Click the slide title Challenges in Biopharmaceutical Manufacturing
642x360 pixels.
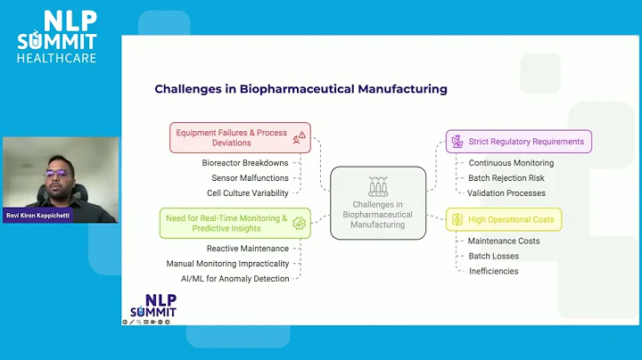tap(300, 89)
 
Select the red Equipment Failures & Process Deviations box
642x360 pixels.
tap(240, 137)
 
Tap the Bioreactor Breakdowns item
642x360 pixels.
tap(244, 164)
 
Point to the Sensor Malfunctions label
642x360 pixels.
tap(250, 178)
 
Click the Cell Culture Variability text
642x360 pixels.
tap(248, 192)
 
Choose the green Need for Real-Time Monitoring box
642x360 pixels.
tap(235, 223)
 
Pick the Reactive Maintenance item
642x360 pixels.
tap(248, 249)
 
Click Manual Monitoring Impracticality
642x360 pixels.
tap(227, 264)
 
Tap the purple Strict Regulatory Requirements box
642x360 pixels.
tap(519, 142)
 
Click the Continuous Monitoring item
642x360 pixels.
tap(511, 163)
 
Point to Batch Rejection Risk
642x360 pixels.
tap(506, 178)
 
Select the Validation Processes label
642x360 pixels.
tap(506, 192)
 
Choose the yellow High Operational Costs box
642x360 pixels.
tap(505, 219)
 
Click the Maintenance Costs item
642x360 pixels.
tap(504, 241)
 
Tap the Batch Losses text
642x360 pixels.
tap(493, 256)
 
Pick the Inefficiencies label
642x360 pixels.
tap(493, 271)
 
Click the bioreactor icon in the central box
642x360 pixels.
tap(378, 186)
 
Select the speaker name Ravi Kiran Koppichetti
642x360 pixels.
tap(38, 216)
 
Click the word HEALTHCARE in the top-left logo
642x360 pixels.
tap(56, 58)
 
